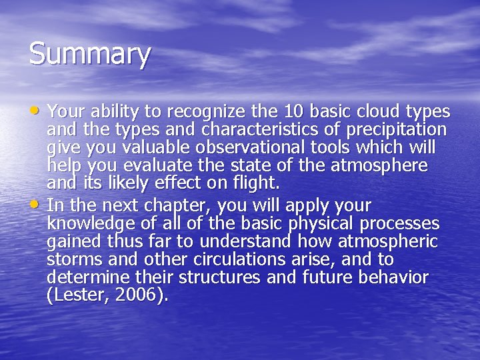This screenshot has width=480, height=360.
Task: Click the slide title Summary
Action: pos(89,55)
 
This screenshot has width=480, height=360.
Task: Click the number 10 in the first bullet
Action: pos(294,111)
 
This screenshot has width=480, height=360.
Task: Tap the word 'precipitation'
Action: pos(397,129)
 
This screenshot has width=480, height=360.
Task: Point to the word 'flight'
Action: pos(253,183)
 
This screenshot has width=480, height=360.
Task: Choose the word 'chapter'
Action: pos(158,205)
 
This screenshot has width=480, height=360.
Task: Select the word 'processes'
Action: pos(399,223)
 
